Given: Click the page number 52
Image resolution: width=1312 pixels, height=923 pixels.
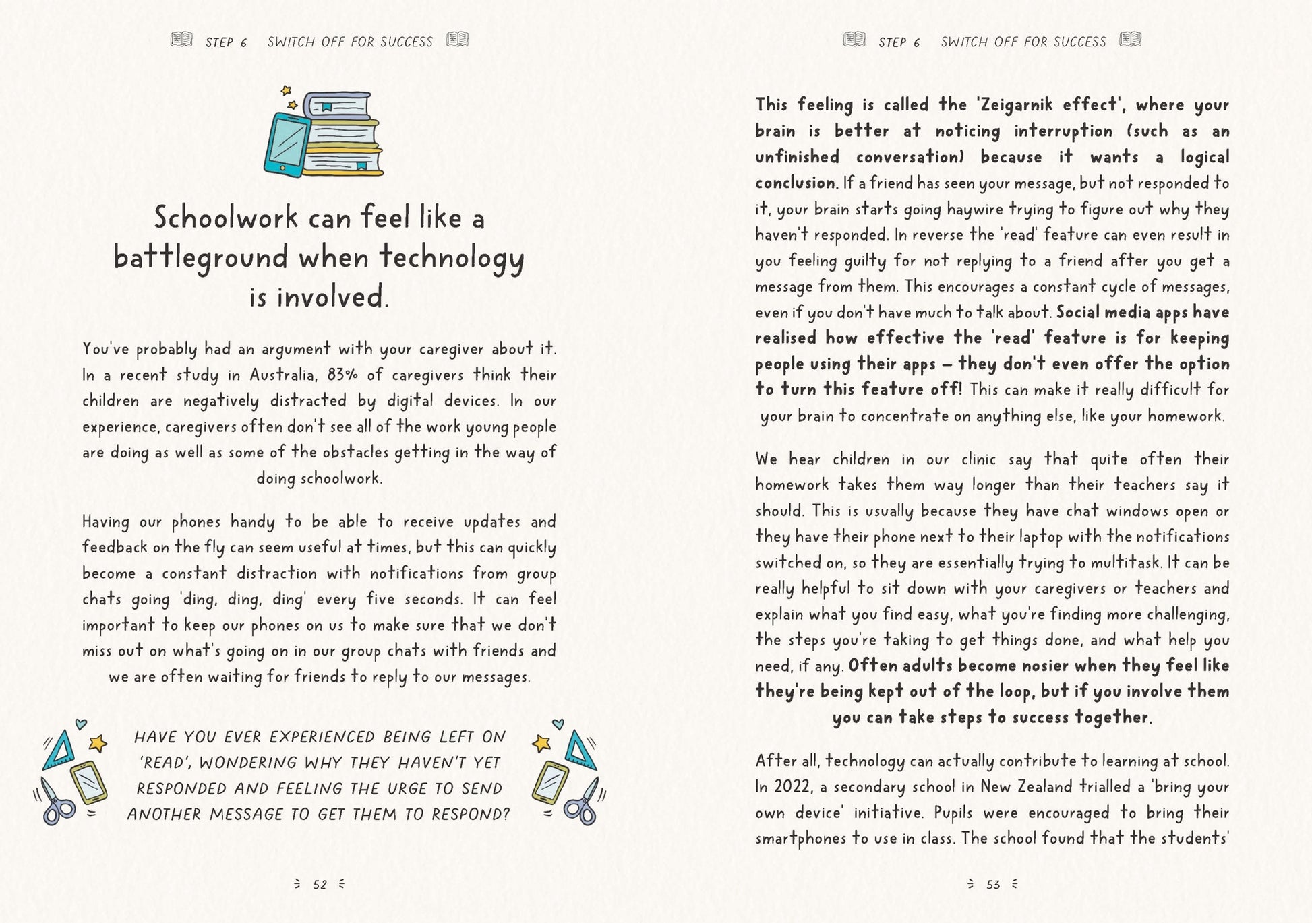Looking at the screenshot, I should (x=320, y=885).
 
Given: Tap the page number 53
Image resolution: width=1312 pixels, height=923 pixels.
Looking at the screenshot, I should (x=992, y=885).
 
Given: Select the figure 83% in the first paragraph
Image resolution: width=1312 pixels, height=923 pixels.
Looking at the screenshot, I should (x=342, y=375).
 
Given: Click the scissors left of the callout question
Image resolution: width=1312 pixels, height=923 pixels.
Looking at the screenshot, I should (x=57, y=801).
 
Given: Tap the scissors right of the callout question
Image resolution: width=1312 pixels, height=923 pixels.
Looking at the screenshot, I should (x=583, y=801).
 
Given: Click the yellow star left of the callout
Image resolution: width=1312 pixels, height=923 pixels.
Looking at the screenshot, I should (x=98, y=743).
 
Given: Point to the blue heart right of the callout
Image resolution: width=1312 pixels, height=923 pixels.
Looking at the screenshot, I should (x=558, y=724).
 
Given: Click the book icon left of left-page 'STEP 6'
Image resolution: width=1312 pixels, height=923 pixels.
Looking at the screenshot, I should (x=181, y=40).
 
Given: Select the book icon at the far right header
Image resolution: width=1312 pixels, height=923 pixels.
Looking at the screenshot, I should (x=1130, y=40).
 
